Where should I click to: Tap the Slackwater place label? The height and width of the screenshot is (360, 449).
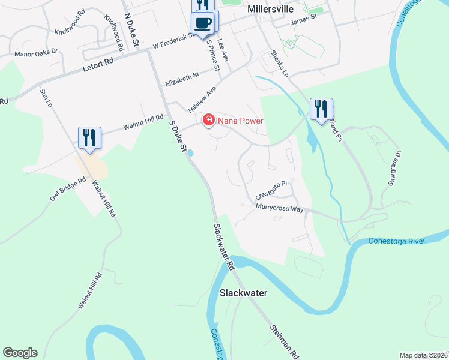pyautogui.click(x=243, y=293)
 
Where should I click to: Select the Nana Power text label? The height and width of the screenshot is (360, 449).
pyautogui.click(x=241, y=121)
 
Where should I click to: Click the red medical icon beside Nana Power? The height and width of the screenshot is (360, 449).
pyautogui.click(x=209, y=121)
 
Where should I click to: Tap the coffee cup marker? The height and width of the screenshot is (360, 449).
pyautogui.click(x=202, y=23)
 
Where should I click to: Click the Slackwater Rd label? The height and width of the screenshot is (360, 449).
pyautogui.click(x=223, y=246)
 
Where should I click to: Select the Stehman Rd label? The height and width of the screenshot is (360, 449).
pyautogui.click(x=284, y=342)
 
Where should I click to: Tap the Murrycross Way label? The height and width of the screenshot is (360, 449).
pyautogui.click(x=279, y=206)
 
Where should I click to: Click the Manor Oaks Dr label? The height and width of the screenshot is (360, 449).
pyautogui.click(x=35, y=53)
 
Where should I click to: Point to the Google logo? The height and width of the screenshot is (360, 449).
pyautogui.click(x=20, y=353)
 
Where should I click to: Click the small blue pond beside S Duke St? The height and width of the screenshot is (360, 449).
pyautogui.click(x=191, y=154)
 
